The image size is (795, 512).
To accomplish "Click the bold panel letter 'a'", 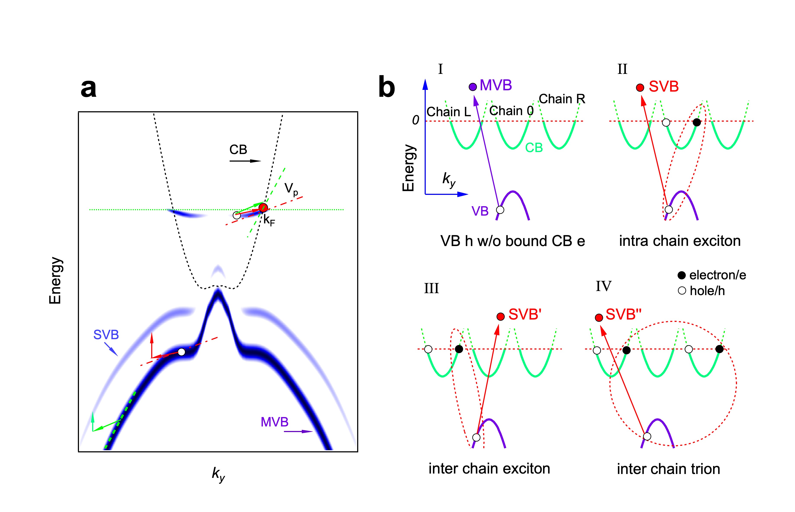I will coord(88,88).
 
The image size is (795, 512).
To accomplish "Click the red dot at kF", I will coord(263,208).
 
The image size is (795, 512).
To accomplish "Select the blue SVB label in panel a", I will coord(106,334).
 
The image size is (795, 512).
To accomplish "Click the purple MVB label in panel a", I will coord(274,422).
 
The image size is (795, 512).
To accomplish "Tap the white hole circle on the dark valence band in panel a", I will coord(181,352).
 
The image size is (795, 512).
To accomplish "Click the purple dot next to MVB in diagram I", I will coord(472,87).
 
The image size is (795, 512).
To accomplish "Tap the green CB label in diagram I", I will coord(534,148).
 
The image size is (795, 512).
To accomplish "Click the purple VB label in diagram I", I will coord(480,211).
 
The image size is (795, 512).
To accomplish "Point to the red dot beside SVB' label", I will coord(500,316).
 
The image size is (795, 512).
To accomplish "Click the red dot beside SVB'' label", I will coord(599,318).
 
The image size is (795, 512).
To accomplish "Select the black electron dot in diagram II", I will coord(696,122).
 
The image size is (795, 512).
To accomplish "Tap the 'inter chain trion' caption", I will coord(668,469).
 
